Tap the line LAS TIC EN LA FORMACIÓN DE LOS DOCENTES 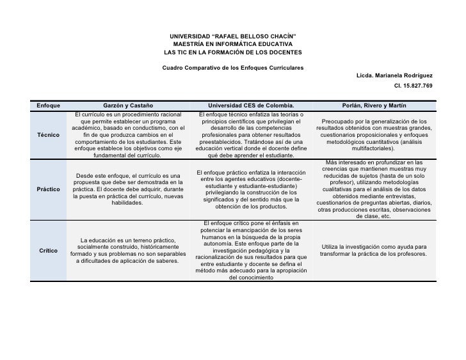[x=232, y=52]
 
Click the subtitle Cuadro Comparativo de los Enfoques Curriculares [x=233, y=68]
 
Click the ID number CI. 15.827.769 [x=414, y=85]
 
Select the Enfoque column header [x=49, y=105]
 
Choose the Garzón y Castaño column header [x=128, y=105]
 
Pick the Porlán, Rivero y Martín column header [x=375, y=105]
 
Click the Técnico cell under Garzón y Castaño [x=128, y=135]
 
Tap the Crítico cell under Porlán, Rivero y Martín [x=375, y=250]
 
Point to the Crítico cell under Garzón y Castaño [x=128, y=250]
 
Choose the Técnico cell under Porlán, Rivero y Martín [x=375, y=134]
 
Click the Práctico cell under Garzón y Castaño [x=128, y=189]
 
